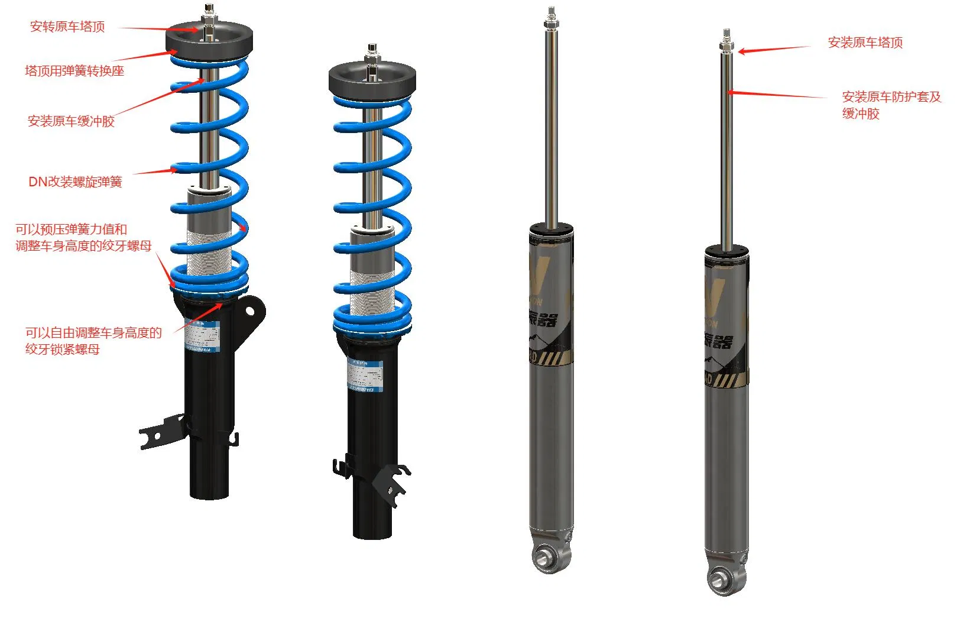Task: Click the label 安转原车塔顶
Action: point(67,27)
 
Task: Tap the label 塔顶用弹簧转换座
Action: point(74,71)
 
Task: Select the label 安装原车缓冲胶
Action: point(71,121)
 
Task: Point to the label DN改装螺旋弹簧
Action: point(75,182)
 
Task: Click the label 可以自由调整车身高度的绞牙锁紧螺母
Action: point(93,341)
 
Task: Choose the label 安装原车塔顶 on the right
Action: point(865,43)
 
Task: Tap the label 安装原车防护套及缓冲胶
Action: point(891,105)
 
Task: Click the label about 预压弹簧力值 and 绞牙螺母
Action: point(83,237)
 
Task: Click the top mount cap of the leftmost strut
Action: point(209,39)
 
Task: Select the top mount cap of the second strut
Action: point(372,78)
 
